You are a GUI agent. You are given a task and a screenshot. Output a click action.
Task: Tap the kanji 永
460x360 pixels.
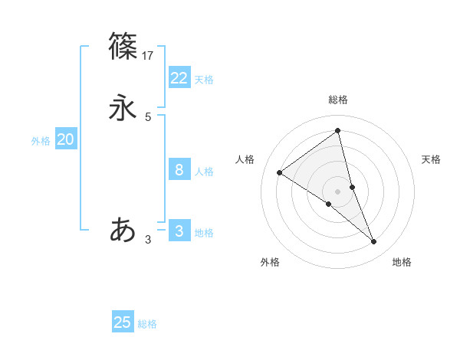point(123,108)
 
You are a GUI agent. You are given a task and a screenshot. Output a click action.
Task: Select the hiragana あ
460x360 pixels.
point(123,229)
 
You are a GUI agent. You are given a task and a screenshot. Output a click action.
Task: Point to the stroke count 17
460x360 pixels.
point(149,55)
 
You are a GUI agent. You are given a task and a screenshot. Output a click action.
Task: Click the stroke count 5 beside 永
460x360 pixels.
point(148,116)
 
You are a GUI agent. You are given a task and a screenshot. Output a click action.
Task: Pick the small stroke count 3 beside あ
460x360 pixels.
point(148,240)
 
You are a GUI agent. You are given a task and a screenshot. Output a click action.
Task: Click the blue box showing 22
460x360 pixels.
point(179,78)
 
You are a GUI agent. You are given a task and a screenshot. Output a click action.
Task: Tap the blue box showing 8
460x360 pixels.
point(179,170)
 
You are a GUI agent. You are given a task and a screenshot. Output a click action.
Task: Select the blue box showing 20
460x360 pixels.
point(65,139)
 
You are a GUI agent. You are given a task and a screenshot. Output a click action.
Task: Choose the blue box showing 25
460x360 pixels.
point(123,322)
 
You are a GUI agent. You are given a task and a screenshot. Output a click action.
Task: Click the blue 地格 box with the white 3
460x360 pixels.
point(179,231)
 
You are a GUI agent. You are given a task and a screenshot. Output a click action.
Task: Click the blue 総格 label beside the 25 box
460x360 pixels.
point(148,324)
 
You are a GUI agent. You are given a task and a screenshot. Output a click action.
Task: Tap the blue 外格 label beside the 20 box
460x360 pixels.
point(41,141)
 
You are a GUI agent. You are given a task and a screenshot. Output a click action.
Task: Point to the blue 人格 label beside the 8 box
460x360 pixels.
point(204,172)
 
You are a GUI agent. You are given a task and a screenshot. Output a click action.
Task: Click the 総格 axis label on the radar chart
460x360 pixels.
point(338,100)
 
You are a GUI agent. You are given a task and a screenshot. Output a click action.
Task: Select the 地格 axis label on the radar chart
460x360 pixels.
point(402,262)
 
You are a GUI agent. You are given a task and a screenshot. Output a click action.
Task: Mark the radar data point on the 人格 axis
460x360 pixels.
point(280,172)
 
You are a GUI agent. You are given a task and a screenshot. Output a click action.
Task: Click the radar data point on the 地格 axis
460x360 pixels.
point(374,242)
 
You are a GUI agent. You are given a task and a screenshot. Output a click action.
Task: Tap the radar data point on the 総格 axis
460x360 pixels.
point(338,131)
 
